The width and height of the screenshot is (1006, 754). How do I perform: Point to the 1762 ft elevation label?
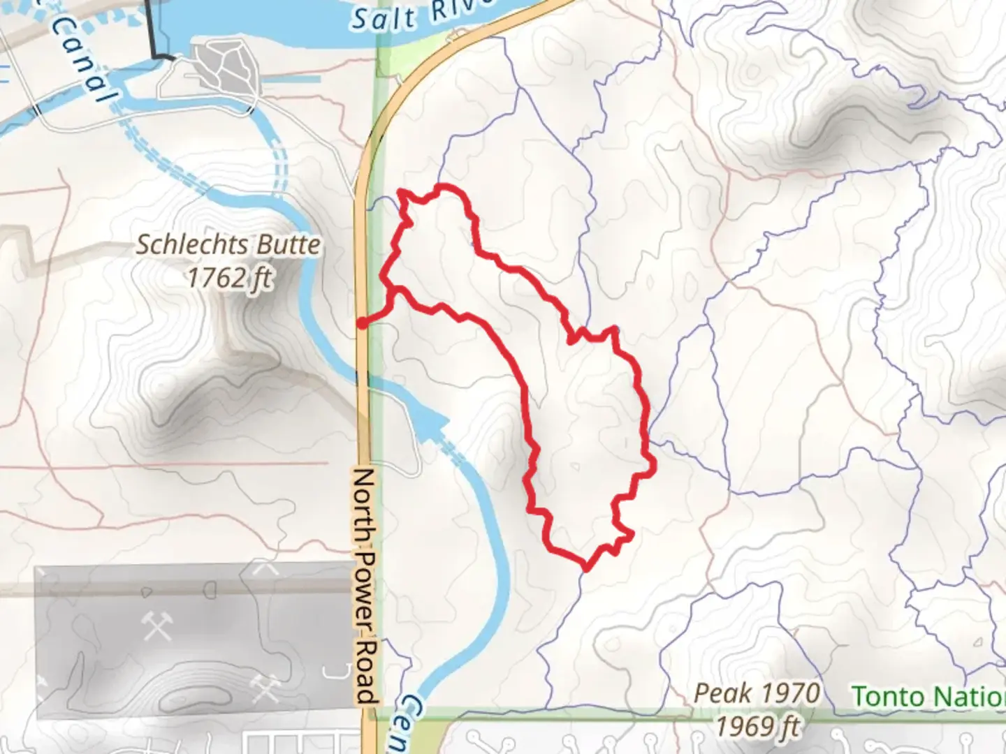(x=228, y=278)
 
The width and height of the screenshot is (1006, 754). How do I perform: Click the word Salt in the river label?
(x=384, y=20)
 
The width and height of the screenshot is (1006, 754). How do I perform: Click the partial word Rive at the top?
(x=461, y=10)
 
